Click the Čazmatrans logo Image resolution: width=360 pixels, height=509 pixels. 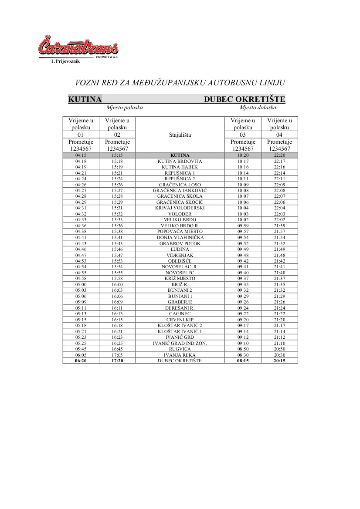(x=78, y=47)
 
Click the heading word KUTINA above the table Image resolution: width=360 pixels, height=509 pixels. (x=85, y=99)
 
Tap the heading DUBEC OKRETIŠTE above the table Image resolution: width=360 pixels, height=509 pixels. (x=245, y=99)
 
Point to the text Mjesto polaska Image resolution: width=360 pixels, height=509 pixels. (x=125, y=108)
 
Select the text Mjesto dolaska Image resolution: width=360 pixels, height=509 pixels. (x=258, y=108)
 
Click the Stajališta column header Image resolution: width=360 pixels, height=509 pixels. (x=180, y=135)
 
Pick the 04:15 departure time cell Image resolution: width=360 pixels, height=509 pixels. (x=81, y=155)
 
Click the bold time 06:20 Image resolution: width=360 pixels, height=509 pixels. (x=81, y=361)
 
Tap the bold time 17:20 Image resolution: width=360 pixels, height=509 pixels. (x=117, y=361)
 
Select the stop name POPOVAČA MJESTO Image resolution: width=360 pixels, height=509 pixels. (x=180, y=231)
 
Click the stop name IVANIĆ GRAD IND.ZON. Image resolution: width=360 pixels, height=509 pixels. (x=180, y=343)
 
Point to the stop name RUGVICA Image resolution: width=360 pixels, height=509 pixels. (x=180, y=349)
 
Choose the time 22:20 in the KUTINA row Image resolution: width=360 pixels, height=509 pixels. (x=279, y=155)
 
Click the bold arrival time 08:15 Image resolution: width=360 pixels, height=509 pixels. (x=243, y=361)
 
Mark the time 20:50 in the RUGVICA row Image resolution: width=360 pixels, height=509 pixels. (x=279, y=349)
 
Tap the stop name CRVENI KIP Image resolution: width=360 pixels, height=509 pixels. (x=180, y=320)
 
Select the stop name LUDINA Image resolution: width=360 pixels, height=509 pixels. (x=180, y=249)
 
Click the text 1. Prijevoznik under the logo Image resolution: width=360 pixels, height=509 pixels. (x=65, y=61)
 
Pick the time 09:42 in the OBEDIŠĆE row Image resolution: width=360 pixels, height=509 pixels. (x=243, y=261)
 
